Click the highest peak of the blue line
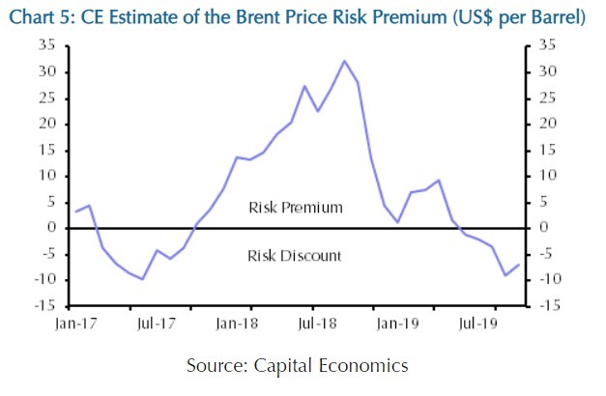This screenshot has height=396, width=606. (x=344, y=61)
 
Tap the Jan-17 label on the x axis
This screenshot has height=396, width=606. (x=75, y=324)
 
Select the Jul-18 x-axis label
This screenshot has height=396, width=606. (x=317, y=324)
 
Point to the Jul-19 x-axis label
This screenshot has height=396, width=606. (x=478, y=324)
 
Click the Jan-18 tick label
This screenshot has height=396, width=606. (x=237, y=324)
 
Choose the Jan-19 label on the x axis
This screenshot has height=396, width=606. (x=397, y=324)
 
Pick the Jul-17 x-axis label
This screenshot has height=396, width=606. (x=156, y=324)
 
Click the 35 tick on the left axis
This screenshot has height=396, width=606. (x=47, y=45)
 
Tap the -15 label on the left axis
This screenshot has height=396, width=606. (x=44, y=305)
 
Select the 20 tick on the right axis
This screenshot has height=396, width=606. (x=548, y=124)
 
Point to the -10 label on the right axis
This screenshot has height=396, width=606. (x=550, y=279)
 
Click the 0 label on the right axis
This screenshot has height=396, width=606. (x=543, y=227)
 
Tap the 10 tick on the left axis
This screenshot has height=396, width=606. (x=47, y=176)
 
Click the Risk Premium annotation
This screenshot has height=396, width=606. (x=296, y=208)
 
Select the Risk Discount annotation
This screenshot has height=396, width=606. (x=295, y=256)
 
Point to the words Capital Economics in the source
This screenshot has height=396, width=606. (x=331, y=365)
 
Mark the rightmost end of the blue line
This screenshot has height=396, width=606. (x=519, y=265)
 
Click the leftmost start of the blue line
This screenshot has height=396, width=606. (x=75, y=212)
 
